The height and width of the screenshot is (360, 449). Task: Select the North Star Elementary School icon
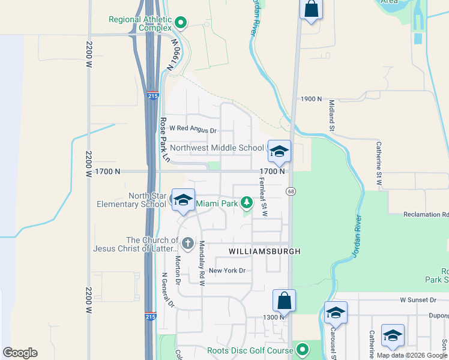coord(183,200)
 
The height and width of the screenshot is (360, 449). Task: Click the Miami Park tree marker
coord(246,203)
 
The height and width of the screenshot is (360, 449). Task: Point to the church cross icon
coord(187,243)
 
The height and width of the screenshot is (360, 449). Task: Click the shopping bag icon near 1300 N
coord(285,300)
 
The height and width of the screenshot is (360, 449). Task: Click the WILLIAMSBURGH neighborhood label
coord(264,251)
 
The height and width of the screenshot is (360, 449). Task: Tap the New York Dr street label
coord(228,271)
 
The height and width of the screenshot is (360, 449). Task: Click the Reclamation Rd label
coord(426,214)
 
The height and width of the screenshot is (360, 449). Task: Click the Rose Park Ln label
coord(164,139)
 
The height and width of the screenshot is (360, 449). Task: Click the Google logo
coord(20,352)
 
